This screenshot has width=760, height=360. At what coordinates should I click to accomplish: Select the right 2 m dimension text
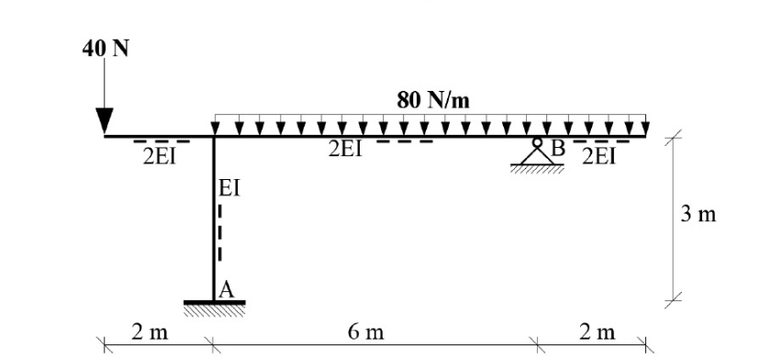[x=596, y=332]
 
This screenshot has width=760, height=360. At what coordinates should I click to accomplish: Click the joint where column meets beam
[x=214, y=137]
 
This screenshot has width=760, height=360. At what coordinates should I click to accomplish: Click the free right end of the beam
[x=647, y=137]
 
